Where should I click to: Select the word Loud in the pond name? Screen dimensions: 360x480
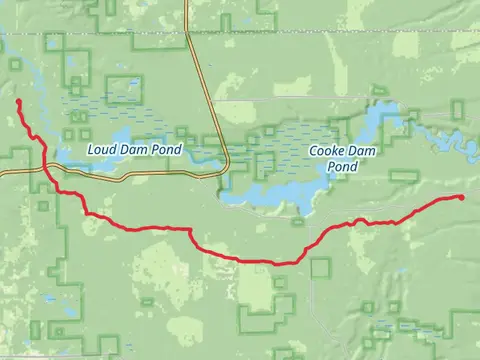pyautogui.click(x=101, y=151)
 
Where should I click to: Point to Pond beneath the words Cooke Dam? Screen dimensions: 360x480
pyautogui.click(x=342, y=166)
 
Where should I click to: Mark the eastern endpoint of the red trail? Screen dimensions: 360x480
pyautogui.click(x=462, y=197)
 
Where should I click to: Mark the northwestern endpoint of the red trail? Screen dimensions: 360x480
pyautogui.click(x=19, y=102)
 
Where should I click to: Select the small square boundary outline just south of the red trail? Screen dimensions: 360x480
pyautogui.click(x=320, y=267)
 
